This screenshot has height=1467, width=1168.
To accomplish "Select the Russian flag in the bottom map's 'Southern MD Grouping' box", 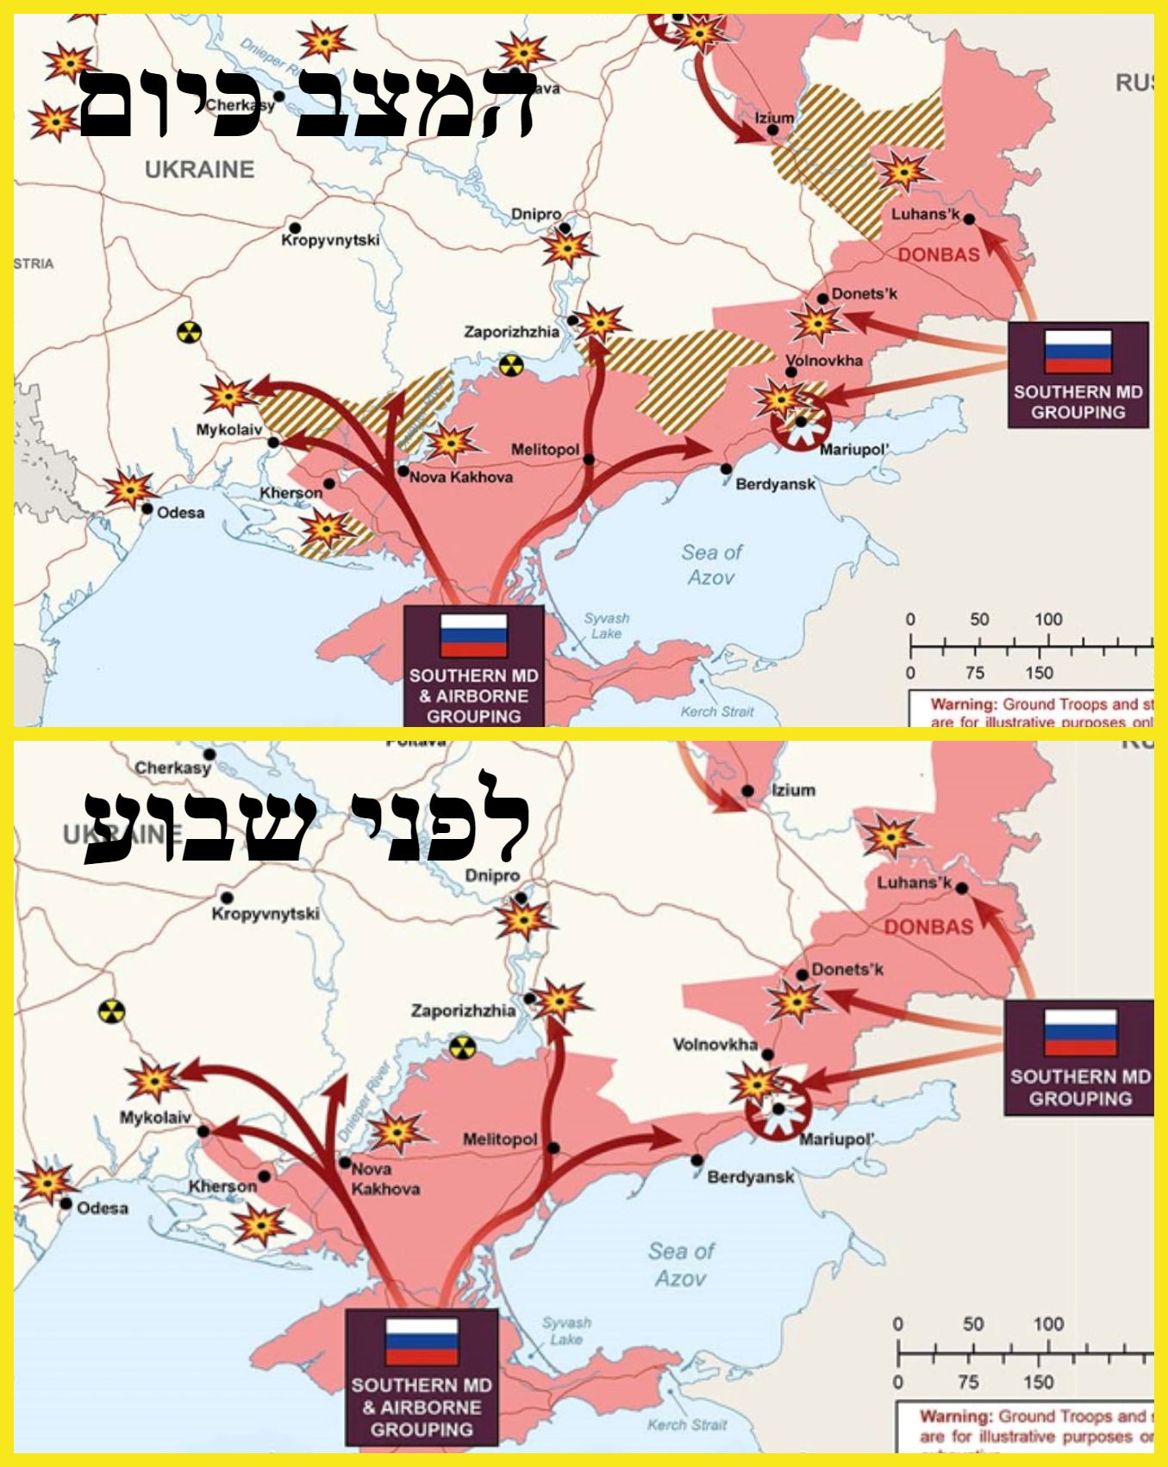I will tap(1080, 1033).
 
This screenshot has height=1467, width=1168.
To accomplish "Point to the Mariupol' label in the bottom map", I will tap(836, 1140).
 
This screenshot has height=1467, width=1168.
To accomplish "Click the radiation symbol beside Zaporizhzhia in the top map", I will tap(511, 365).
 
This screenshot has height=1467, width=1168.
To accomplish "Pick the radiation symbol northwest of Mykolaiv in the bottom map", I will tap(111, 1011).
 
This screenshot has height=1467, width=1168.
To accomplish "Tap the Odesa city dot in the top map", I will tap(147, 509).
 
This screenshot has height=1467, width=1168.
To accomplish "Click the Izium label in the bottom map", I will tap(793, 790).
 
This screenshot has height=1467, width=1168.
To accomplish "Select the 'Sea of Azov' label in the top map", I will tap(711, 564).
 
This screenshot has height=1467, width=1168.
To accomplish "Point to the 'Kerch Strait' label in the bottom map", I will tap(687, 1424).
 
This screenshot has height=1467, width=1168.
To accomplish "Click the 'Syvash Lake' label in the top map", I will tap(607, 625).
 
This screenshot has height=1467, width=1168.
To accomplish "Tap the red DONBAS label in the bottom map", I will tap(928, 927).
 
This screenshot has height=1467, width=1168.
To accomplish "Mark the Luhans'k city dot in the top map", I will tap(969, 220).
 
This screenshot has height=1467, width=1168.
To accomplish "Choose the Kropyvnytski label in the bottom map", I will tap(265, 913).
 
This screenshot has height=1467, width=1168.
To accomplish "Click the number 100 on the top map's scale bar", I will tap(1048, 619).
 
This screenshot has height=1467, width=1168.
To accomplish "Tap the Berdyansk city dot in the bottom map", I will tap(696, 1160).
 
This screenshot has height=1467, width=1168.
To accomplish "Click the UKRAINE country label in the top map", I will tap(200, 170).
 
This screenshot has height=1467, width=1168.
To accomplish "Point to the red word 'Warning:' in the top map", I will tap(962, 705).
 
